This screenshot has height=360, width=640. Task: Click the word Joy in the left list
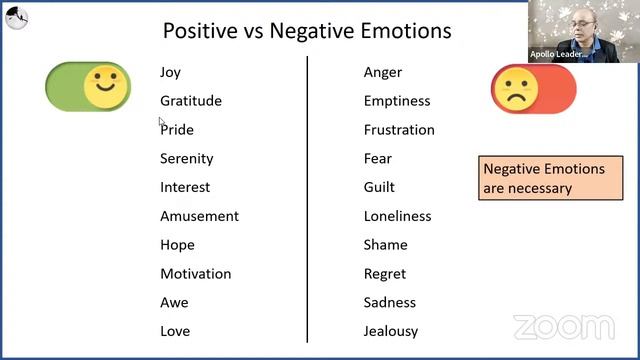[170, 73]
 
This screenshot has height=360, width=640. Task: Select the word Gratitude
[191, 101]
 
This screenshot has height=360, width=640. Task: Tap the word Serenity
[187, 159]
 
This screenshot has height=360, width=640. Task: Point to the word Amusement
[199, 216]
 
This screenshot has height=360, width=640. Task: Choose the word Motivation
[195, 274]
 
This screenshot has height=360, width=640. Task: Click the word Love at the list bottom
[175, 331]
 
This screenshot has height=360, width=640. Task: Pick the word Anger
[383, 73]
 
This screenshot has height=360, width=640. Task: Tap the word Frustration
[399, 130]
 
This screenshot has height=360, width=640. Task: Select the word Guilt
[379, 187]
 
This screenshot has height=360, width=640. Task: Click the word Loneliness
[397, 216]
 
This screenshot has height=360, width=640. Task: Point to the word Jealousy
[391, 331]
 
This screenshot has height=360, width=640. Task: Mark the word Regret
[385, 274]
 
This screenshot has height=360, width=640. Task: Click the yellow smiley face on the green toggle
[105, 87]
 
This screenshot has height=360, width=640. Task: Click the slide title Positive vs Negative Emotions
[307, 31]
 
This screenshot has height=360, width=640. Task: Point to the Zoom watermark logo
[563, 327]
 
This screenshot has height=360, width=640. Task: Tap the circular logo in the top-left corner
[17, 17]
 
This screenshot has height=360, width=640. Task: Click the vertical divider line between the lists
[307, 200]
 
